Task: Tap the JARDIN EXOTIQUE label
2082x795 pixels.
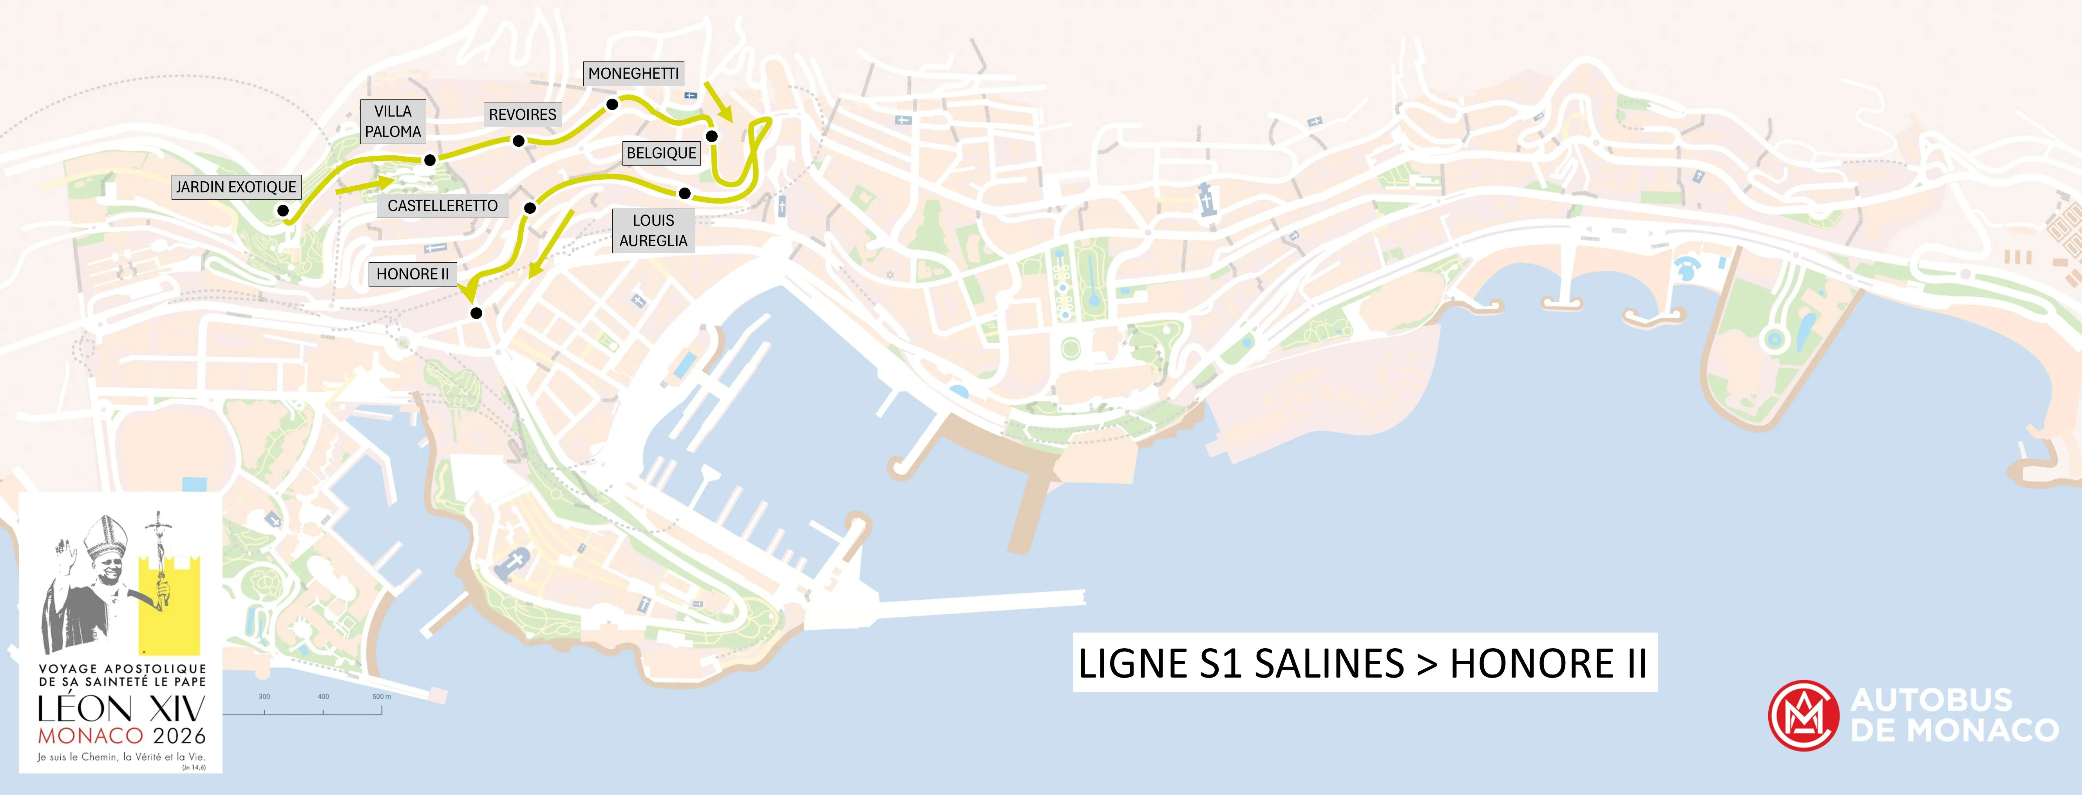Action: tap(236, 187)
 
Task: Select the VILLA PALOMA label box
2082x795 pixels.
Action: tap(393, 122)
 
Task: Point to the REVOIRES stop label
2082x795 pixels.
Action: tap(522, 115)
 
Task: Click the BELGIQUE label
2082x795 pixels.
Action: tap(661, 153)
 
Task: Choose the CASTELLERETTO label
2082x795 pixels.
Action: tap(443, 206)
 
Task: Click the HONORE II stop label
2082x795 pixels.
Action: tap(412, 274)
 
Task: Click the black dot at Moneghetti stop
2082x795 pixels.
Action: tap(613, 104)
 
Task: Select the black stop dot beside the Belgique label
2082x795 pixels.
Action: tap(711, 136)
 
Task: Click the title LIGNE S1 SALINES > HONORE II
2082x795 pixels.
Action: tap(1364, 663)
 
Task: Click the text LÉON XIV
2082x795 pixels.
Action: tap(121, 709)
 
